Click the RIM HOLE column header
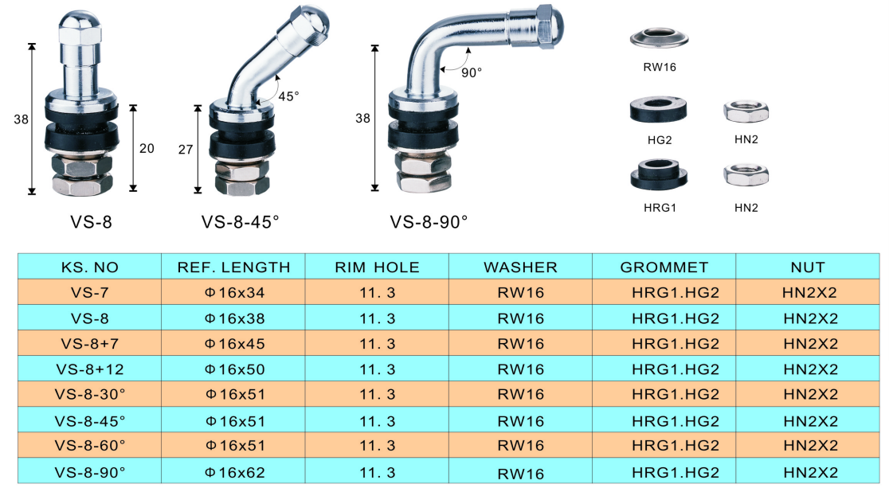pyautogui.click(x=377, y=267)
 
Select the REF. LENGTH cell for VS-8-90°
pyautogui.click(x=235, y=472)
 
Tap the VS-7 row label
pyautogui.click(x=89, y=292)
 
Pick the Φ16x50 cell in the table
pyautogui.click(x=235, y=369)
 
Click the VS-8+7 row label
pyautogui.click(x=89, y=343)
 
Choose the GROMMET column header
pyautogui.click(x=664, y=267)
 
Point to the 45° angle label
pyautogui.click(x=288, y=96)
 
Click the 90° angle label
pyautogui.click(x=471, y=72)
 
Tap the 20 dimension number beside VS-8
pyautogui.click(x=147, y=149)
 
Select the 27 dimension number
pyautogui.click(x=186, y=150)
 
